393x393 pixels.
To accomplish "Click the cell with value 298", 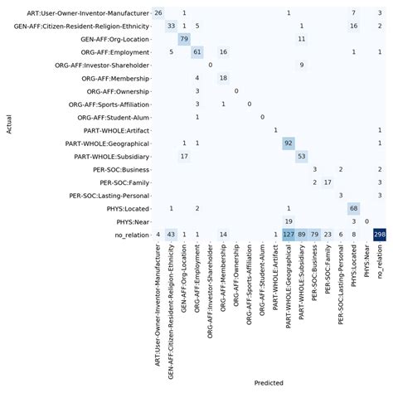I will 380,235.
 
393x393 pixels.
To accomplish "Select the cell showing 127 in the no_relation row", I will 289,235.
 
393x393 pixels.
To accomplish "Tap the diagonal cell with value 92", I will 289,143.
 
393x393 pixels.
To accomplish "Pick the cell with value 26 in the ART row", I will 158,12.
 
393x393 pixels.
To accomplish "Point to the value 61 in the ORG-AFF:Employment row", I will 197,51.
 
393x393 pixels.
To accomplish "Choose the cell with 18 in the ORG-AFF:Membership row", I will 223,78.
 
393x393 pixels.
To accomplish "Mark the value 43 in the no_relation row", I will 172,235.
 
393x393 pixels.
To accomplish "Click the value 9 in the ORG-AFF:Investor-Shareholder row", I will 302,65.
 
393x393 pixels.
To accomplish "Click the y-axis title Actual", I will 7,124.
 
